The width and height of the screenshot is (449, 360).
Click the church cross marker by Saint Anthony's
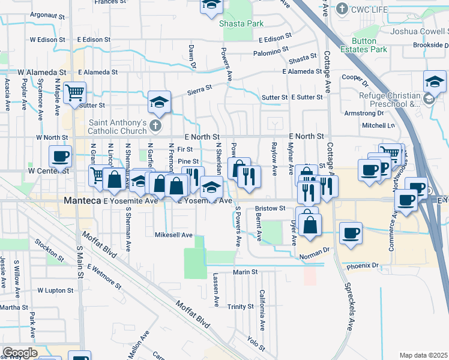click(155, 126)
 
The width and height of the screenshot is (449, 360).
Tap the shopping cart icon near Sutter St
click(75, 92)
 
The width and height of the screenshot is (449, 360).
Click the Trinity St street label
click(241, 307)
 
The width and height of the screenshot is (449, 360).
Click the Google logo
click(20, 352)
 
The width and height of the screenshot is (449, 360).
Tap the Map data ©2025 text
click(423, 355)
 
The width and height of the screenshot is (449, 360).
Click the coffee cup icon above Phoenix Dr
click(351, 233)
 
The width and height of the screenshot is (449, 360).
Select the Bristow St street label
click(269, 208)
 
